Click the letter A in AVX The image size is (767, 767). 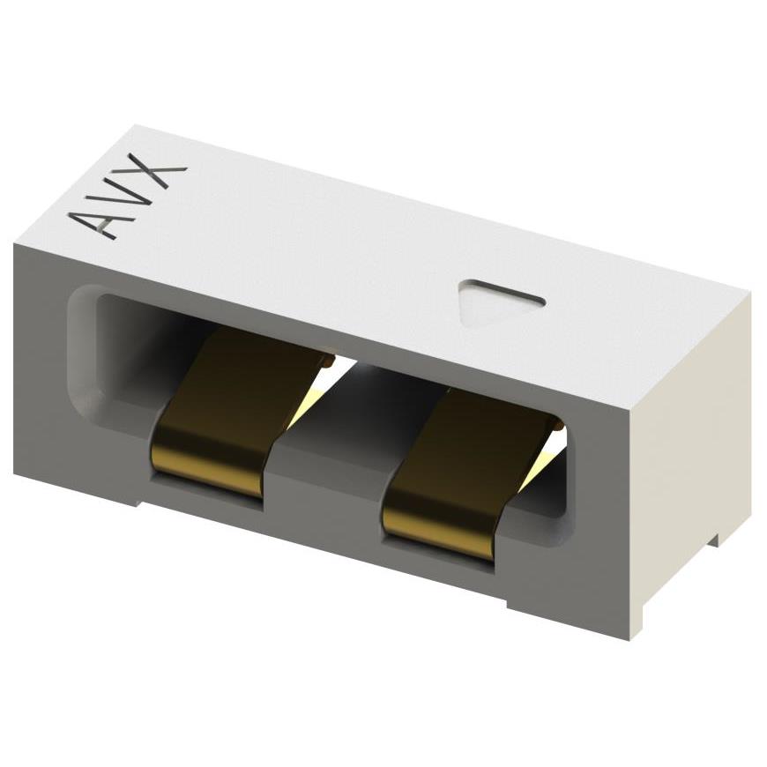99,222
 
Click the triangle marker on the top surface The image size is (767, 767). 498,302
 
